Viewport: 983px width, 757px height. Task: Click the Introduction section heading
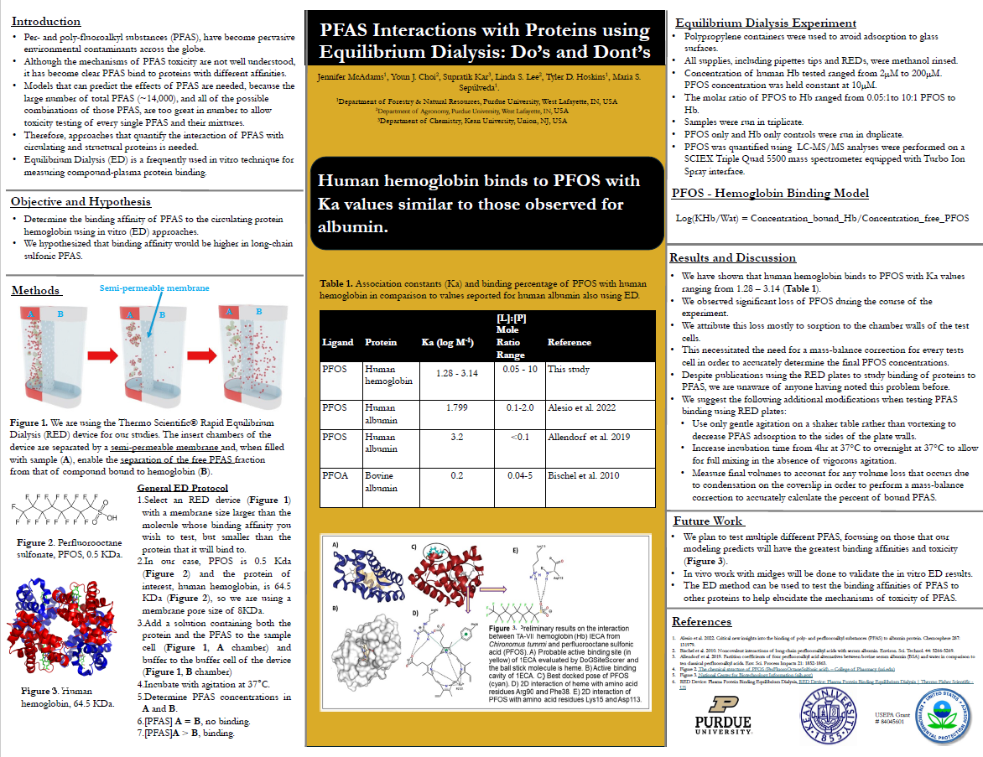pyautogui.click(x=47, y=21)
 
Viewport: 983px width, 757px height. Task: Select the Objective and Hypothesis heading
pyautogui.click(x=81, y=201)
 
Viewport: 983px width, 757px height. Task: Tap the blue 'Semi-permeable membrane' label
pyautogui.click(x=154, y=288)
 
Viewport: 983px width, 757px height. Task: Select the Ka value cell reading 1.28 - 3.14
pyautogui.click(x=457, y=373)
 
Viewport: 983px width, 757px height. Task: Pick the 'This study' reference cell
pyautogui.click(x=568, y=369)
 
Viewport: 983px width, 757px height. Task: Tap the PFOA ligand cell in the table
pyautogui.click(x=334, y=475)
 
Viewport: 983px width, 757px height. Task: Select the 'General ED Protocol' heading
pyautogui.click(x=181, y=488)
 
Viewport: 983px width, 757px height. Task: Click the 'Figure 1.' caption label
pyautogui.click(x=29, y=423)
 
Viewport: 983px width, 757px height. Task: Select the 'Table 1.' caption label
pyautogui.click(x=340, y=284)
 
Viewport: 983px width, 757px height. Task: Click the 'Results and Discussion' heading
pyautogui.click(x=732, y=257)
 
